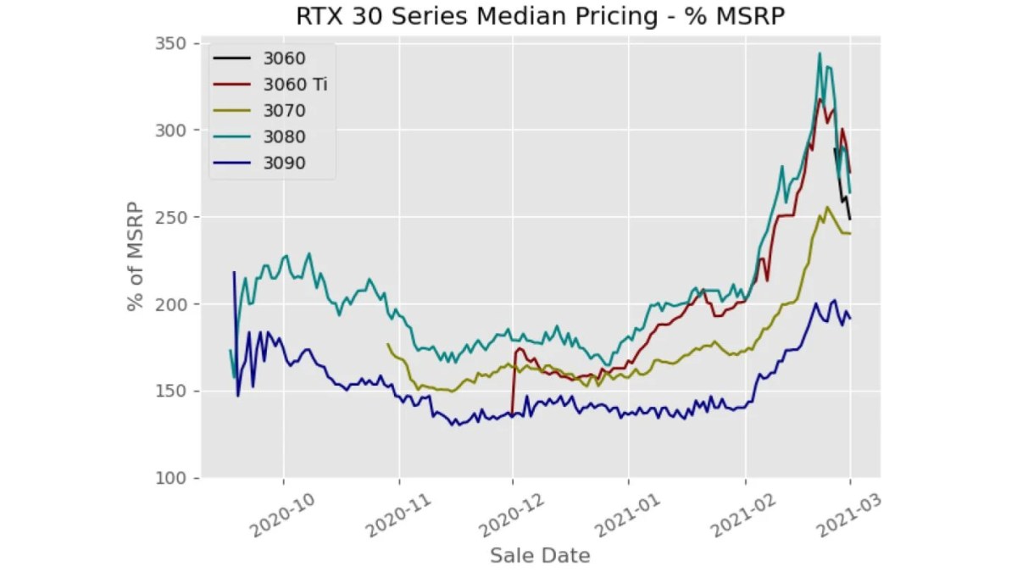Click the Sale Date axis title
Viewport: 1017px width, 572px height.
[540, 556]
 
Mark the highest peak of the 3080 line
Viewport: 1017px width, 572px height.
[820, 53]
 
